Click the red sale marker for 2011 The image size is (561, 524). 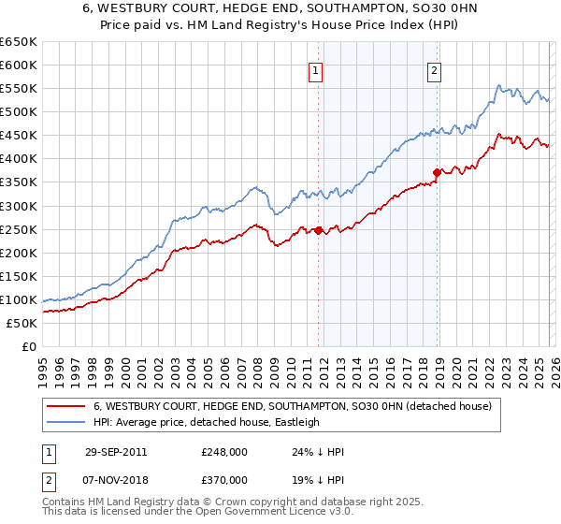(x=318, y=229)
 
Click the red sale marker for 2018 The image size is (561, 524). (x=437, y=171)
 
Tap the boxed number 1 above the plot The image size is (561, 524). (x=316, y=70)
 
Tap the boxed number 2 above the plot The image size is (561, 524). (x=436, y=70)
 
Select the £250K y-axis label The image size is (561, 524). (x=19, y=229)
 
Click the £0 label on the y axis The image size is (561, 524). (x=28, y=346)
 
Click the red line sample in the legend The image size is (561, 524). (x=66, y=406)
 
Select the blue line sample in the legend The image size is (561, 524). (x=66, y=422)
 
